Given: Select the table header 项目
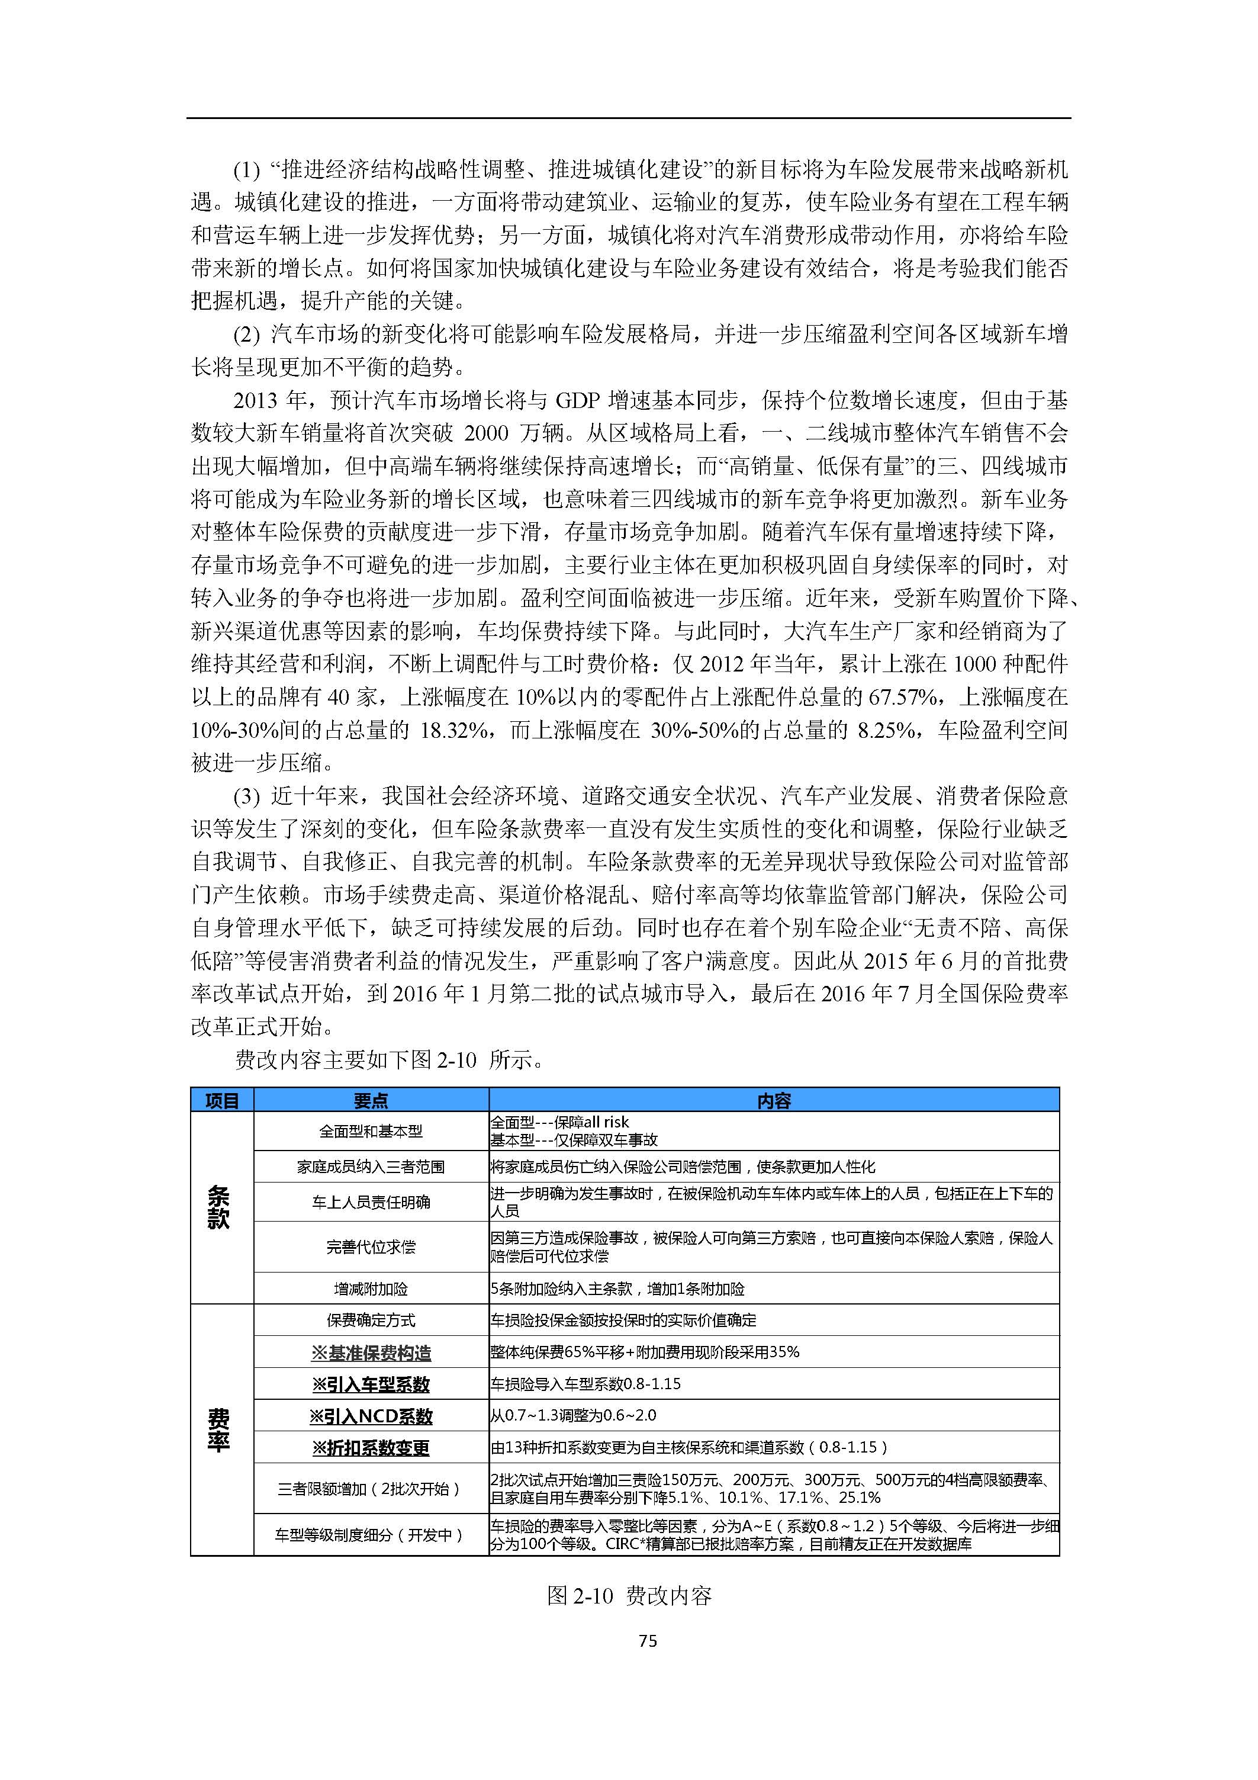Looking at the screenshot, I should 221,1101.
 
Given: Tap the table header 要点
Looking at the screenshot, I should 371,1101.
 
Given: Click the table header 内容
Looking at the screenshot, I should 774,1101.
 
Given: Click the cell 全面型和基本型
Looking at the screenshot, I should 371,1131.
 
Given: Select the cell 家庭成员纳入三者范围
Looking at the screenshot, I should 371,1167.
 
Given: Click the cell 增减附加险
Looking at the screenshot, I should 371,1289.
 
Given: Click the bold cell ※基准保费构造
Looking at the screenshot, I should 371,1353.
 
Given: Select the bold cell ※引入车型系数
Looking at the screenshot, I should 371,1384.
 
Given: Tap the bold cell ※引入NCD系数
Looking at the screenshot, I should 371,1416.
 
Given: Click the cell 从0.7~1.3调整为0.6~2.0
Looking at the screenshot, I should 574,1416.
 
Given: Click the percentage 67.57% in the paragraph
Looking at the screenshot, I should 902,697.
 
